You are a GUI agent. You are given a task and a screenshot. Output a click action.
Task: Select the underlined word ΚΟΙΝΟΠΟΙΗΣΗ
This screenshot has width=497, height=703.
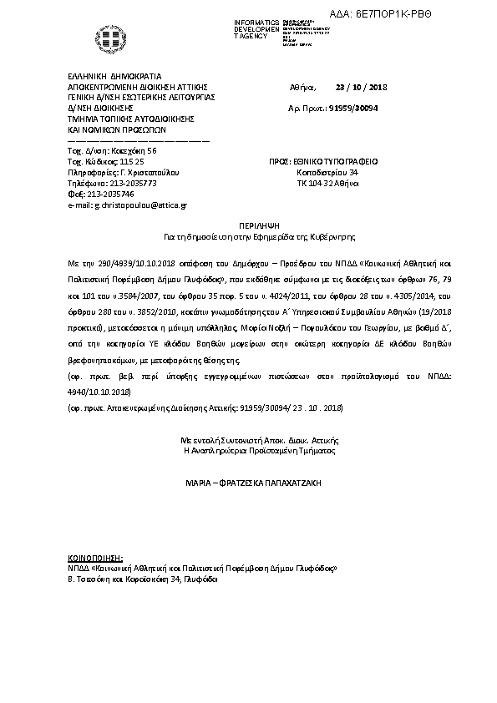tap(94, 556)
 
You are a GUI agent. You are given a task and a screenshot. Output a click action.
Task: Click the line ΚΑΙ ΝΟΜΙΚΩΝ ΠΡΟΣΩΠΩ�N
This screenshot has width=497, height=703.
tap(118, 129)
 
